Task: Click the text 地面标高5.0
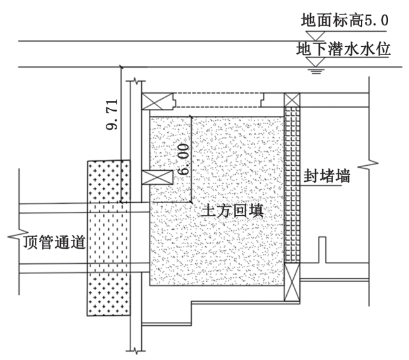(x=345, y=22)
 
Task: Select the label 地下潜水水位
(x=345, y=48)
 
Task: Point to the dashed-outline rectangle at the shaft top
(x=218, y=100)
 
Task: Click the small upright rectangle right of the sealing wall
(x=322, y=249)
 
